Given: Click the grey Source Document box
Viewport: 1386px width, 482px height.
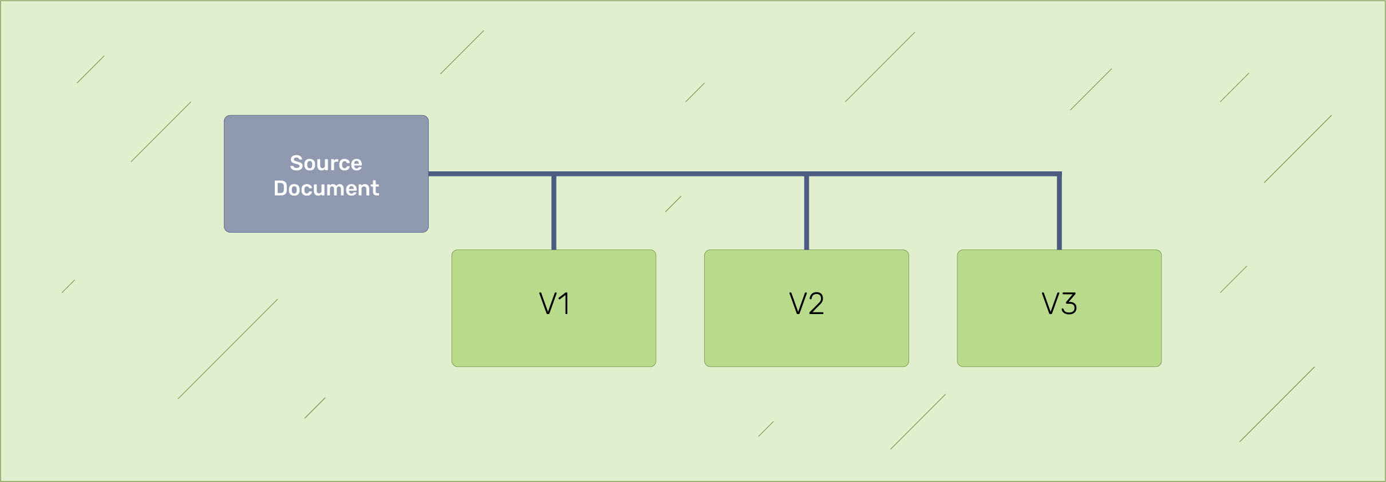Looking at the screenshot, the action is click(x=326, y=174).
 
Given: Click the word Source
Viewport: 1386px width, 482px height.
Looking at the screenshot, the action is click(x=326, y=163).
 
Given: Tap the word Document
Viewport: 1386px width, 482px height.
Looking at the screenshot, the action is click(x=326, y=189).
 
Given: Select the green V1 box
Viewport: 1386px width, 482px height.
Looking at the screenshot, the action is click(x=554, y=308).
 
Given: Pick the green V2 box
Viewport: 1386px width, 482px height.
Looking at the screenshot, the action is click(x=807, y=308).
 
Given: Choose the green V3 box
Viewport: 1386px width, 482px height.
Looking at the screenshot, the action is click(x=1059, y=308).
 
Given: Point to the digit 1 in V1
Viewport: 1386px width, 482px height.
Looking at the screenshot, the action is click(x=564, y=304).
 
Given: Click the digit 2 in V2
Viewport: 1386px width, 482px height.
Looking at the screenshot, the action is click(x=815, y=304).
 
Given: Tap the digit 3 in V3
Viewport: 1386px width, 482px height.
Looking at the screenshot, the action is click(x=1068, y=304).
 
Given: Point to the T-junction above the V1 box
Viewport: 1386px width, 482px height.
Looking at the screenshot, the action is click(x=554, y=174).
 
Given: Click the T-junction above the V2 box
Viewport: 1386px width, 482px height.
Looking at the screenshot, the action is click(x=807, y=174).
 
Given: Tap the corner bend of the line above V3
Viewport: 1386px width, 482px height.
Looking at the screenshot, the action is click(x=1059, y=174).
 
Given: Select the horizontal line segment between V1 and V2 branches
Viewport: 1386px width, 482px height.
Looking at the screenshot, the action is click(x=680, y=174).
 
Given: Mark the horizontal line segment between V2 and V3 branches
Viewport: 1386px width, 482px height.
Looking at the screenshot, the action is click(x=933, y=174).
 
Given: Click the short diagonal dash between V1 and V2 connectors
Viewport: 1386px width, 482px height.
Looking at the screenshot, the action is click(x=673, y=204).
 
